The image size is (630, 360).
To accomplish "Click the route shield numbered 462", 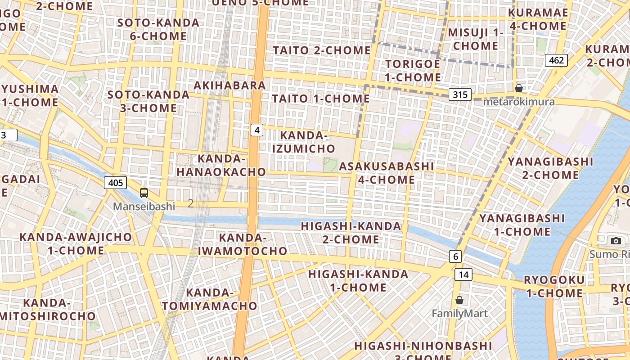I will pos(556,60).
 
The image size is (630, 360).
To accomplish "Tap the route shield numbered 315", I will pos(460,94).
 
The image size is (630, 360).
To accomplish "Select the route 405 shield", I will pos(115,183).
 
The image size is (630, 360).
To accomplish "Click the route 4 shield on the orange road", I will pos(256,130).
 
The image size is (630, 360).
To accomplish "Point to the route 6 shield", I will pos(455,256).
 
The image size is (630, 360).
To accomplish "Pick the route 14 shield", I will pos(463,274).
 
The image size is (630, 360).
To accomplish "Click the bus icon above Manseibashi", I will pos(144,193).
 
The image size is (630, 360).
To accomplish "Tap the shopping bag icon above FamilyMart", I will pos(459,300).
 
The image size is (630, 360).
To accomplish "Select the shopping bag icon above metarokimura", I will pos(519,88).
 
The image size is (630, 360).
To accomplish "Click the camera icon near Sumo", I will pos(616,241).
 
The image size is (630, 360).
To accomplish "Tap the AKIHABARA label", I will pos(230,85).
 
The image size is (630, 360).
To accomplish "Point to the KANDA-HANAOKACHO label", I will pos(221,165).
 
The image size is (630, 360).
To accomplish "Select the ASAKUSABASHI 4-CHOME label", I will pos(387,173).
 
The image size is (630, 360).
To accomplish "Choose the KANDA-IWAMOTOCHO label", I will pos(253,244).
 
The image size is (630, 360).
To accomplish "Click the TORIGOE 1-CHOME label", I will pos(413,71).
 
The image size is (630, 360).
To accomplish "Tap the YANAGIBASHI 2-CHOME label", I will pos(550,168).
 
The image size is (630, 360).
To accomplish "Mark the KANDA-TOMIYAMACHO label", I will pos(210,299).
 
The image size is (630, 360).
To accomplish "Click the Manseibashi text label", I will pos(144,207).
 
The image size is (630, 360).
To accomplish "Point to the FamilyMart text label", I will pos(459,314).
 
